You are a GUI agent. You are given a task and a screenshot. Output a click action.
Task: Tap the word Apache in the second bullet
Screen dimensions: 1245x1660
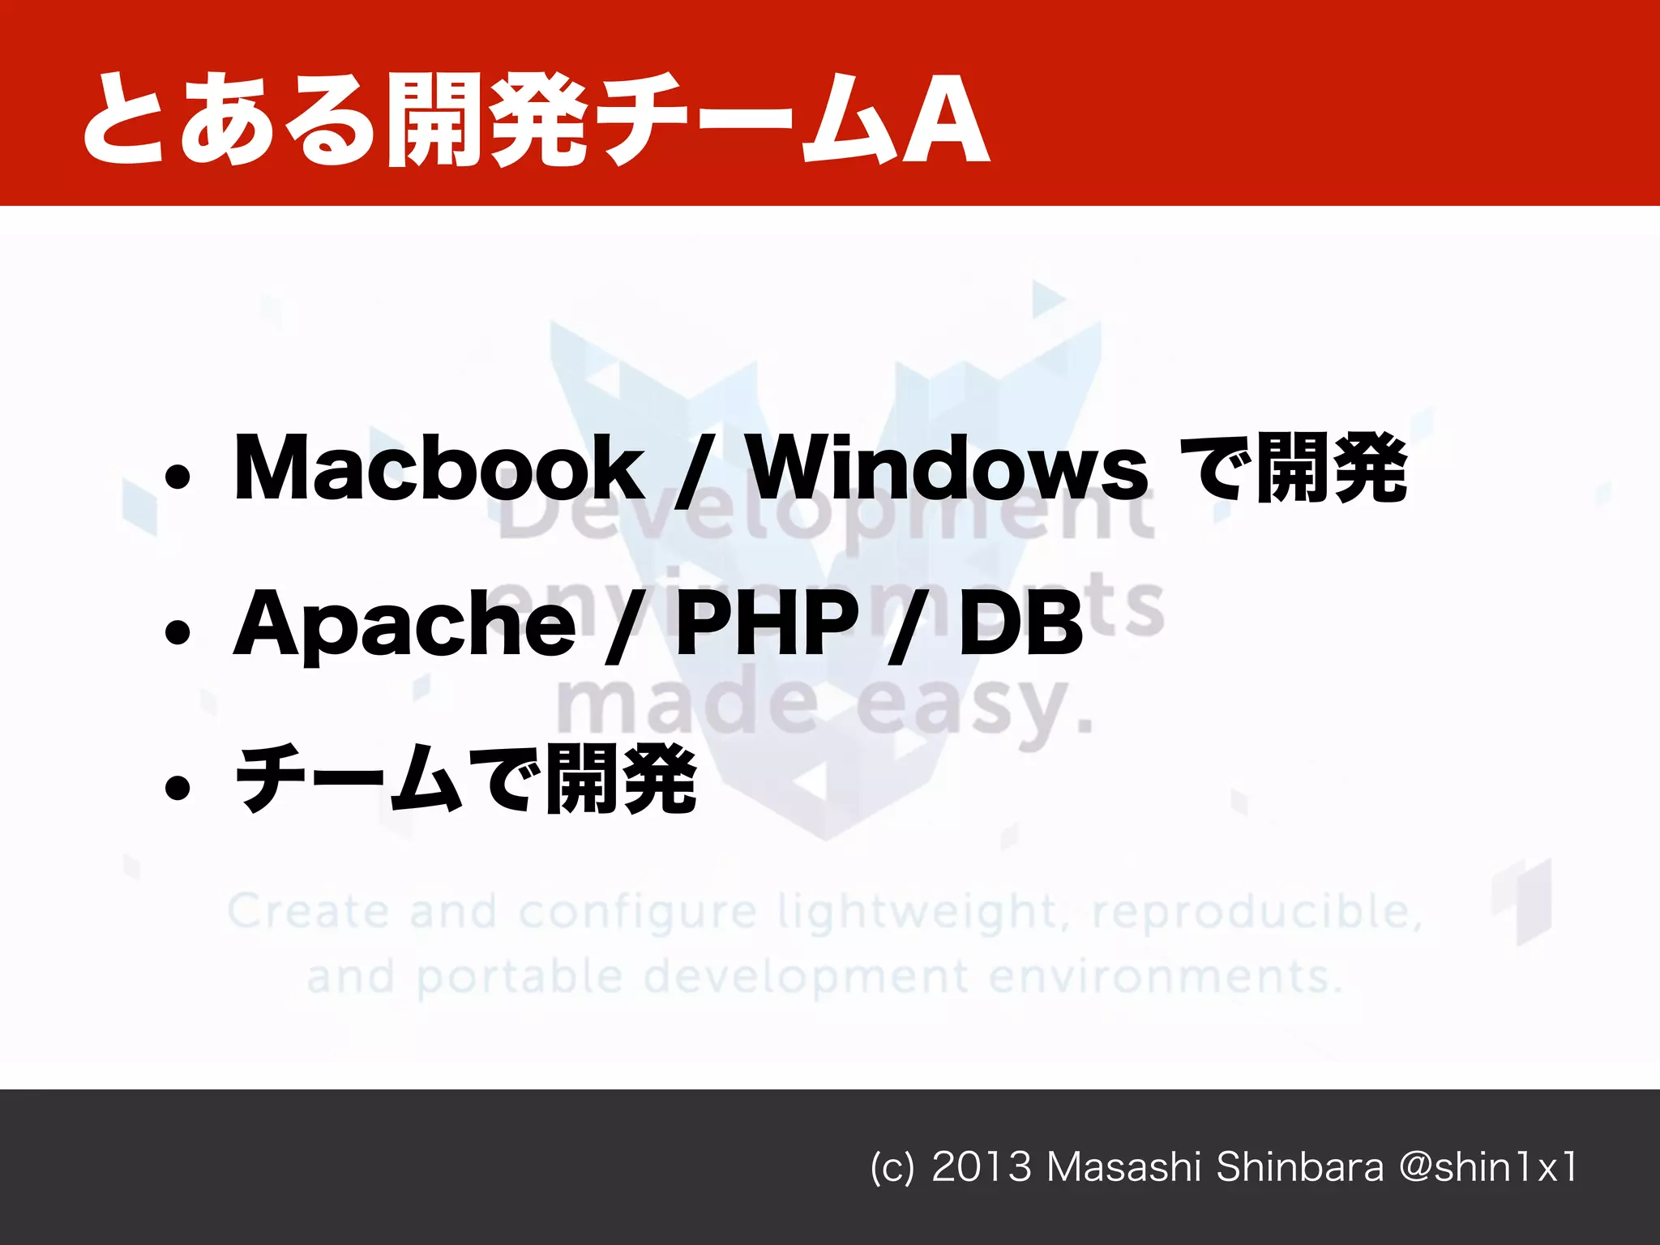pos(404,623)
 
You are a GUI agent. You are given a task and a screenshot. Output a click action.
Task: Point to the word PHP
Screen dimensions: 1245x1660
pos(766,623)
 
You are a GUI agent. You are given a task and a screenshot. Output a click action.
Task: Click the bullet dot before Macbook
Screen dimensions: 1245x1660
pos(177,478)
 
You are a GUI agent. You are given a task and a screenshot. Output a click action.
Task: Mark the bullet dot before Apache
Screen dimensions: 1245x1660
pos(177,632)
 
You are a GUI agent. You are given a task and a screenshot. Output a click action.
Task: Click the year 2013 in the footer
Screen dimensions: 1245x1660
pos(981,1167)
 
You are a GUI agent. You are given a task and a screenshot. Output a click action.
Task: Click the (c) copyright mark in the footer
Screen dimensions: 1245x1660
pos(892,1168)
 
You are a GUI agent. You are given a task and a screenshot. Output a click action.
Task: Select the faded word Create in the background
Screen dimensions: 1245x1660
pos(308,911)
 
